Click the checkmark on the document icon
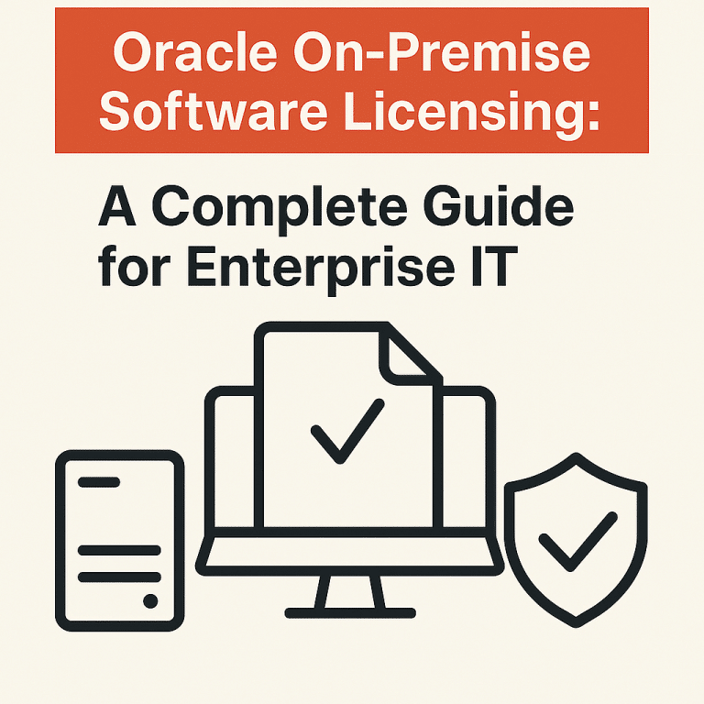(347, 430)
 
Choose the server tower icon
(120, 541)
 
